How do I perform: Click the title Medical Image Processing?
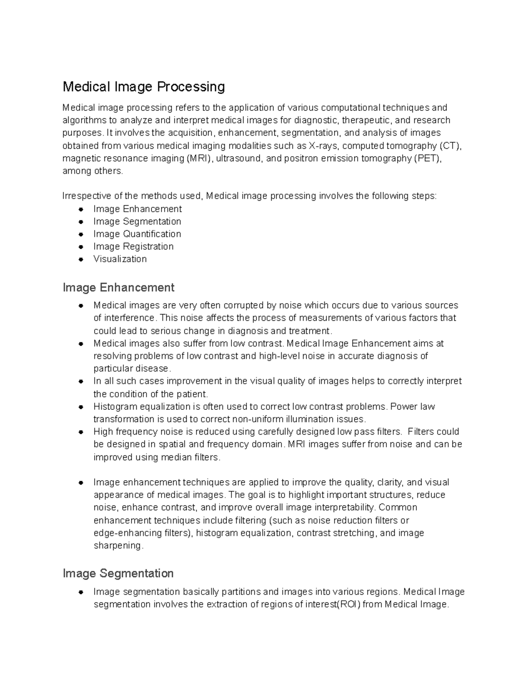click(144, 86)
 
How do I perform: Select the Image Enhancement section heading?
click(119, 288)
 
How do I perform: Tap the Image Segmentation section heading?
click(118, 573)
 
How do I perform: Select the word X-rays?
click(324, 146)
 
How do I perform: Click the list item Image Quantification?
click(137, 234)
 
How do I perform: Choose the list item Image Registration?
click(133, 246)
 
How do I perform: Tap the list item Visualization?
click(120, 259)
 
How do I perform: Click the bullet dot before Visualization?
click(81, 260)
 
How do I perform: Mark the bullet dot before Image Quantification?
click(81, 234)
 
